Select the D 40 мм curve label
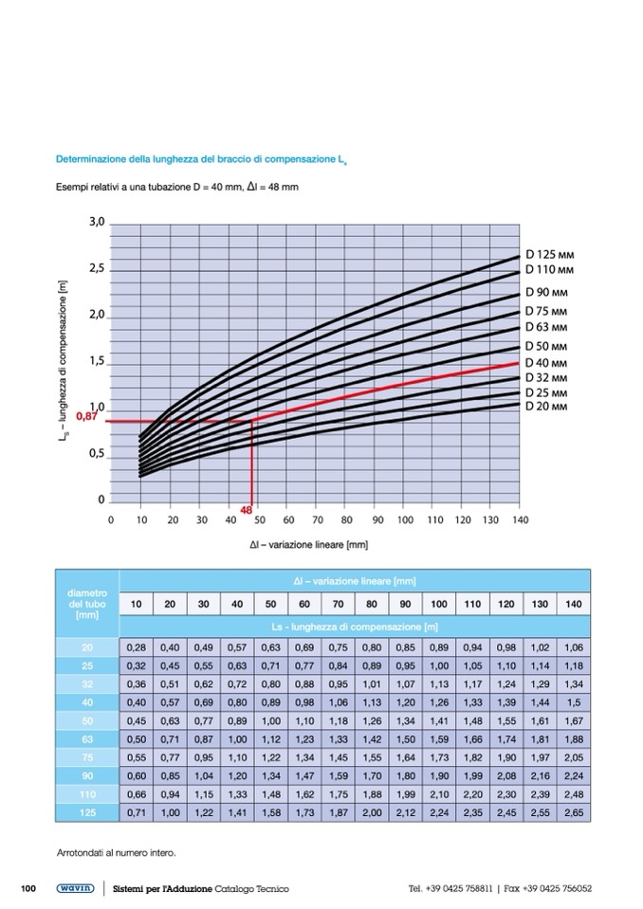[x=546, y=363]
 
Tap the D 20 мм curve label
[x=546, y=406]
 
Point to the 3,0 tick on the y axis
[x=96, y=223]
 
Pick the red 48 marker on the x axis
[x=246, y=511]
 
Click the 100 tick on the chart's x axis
[x=406, y=520]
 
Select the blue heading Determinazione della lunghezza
[x=199, y=159]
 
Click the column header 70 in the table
[x=339, y=604]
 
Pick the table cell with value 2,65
[x=573, y=813]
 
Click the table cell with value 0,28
[x=137, y=647]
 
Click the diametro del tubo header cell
[x=88, y=603]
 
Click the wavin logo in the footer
[x=73, y=888]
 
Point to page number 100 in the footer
[x=28, y=888]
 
